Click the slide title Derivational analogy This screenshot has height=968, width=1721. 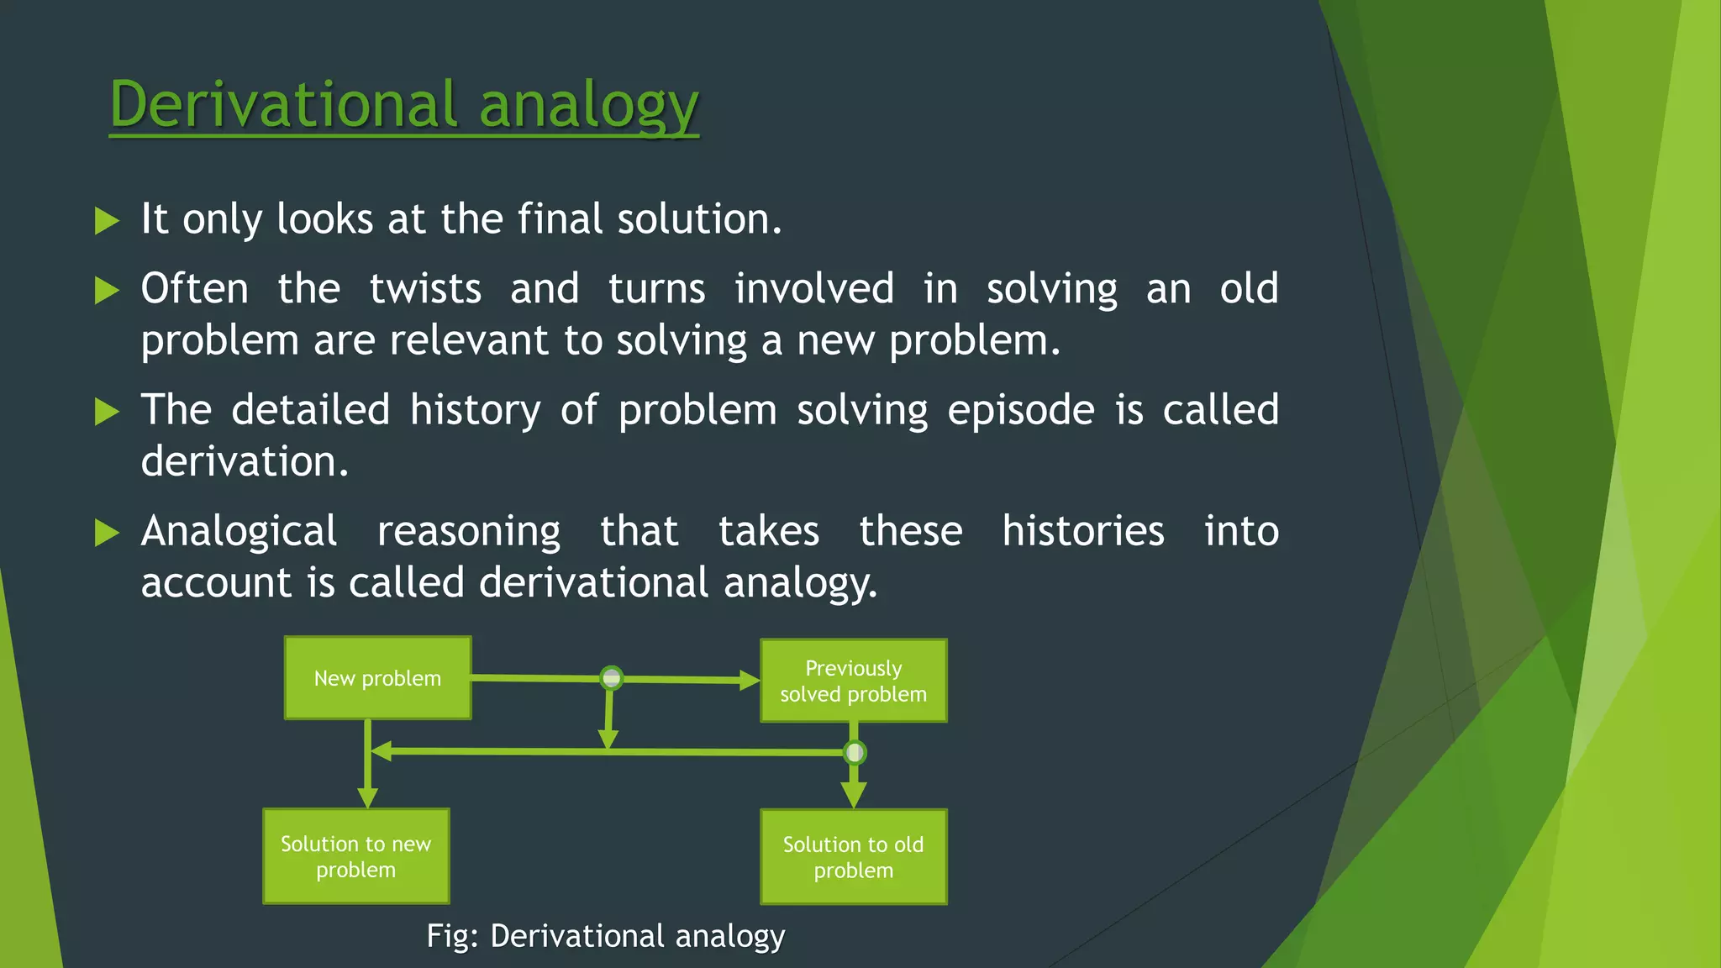coord(403,104)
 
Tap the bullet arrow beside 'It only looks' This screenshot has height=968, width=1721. coord(107,221)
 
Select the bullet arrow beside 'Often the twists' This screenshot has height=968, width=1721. coord(107,291)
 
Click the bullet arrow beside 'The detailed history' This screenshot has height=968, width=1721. coord(107,412)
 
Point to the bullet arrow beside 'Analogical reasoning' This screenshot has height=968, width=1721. coord(107,533)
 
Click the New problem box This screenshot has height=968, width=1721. coord(377,678)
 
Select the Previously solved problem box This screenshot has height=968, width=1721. coord(853,681)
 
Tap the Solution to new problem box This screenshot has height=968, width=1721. coord(355,856)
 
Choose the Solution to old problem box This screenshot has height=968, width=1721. coord(853,857)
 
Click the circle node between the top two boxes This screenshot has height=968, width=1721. coord(612,677)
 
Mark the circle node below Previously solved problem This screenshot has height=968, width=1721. coord(855,752)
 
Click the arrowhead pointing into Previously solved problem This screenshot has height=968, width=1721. coord(749,680)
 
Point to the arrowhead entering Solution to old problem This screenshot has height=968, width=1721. coord(854,794)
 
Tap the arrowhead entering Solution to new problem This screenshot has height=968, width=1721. coord(367,797)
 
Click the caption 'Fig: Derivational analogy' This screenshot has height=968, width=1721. coord(605,936)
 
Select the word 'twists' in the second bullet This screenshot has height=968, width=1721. coord(425,289)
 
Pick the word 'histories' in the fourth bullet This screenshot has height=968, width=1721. coord(1082,532)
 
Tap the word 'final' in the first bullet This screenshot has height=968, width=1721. coord(560,219)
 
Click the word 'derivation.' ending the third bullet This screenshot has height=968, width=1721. coord(244,462)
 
